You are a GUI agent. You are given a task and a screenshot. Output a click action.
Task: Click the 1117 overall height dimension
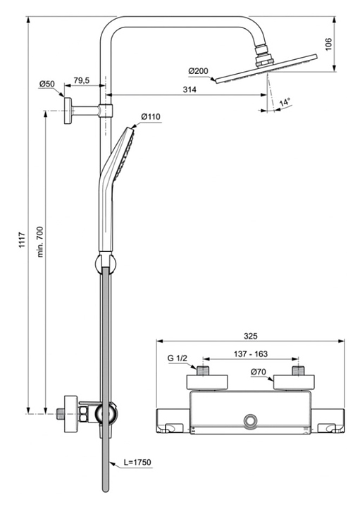pyautogui.click(x=22, y=240)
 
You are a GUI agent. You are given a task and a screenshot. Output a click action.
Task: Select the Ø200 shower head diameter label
pyautogui.click(x=199, y=71)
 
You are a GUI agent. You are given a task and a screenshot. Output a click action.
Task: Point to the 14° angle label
pyautogui.click(x=285, y=102)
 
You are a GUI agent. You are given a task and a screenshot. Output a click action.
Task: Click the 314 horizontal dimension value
pyautogui.click(x=190, y=89)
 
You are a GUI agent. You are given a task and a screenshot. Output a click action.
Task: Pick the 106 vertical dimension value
pyautogui.click(x=328, y=44)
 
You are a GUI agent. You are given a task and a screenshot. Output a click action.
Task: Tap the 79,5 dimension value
pyautogui.click(x=82, y=80)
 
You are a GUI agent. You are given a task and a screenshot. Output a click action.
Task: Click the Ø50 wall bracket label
pyautogui.click(x=47, y=84)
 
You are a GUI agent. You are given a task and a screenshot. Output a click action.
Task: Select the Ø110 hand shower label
pyautogui.click(x=151, y=116)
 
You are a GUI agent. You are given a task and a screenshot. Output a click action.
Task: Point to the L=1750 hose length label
pyautogui.click(x=137, y=462)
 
